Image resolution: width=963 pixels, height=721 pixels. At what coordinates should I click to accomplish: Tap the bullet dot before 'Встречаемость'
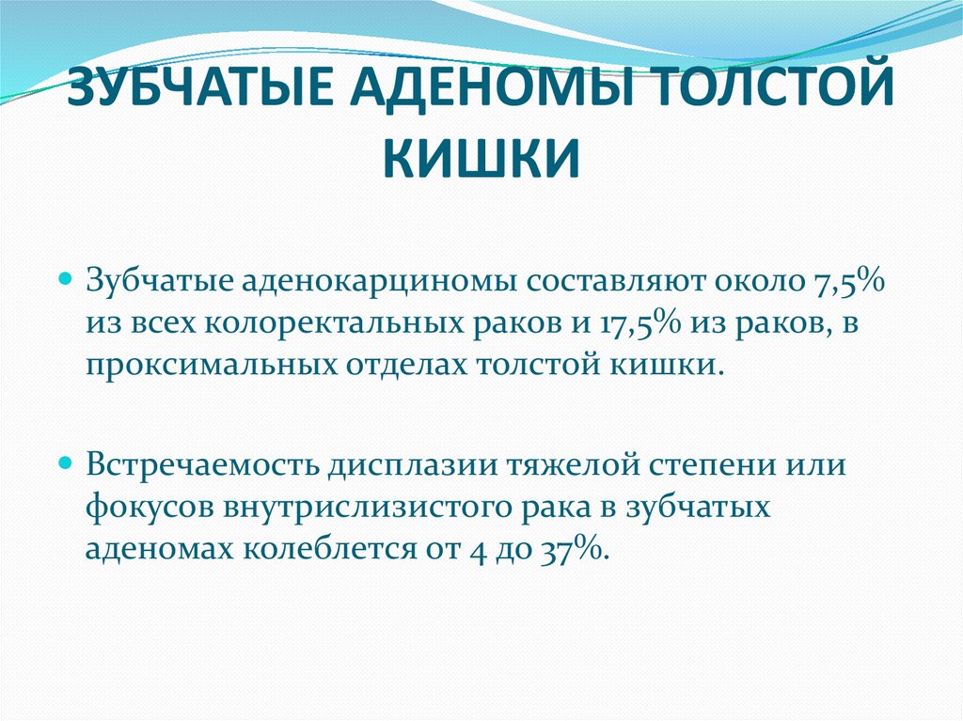click(66, 463)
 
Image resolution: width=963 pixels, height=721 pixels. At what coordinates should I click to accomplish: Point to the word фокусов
click(146, 508)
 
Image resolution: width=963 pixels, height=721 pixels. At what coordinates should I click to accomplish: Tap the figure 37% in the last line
click(574, 549)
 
